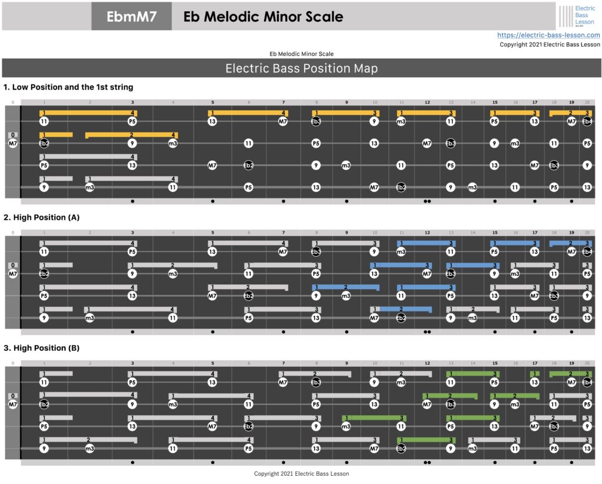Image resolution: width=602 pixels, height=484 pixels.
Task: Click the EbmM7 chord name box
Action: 132,16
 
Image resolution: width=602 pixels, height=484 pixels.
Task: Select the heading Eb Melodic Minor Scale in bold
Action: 263,16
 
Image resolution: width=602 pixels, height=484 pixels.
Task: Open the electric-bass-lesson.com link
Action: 549,35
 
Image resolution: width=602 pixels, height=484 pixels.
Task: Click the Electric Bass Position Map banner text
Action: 301,68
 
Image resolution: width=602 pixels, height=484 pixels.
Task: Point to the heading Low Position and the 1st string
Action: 68,87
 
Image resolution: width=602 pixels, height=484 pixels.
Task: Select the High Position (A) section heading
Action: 41,217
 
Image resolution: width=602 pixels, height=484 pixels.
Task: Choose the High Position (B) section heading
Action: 41,348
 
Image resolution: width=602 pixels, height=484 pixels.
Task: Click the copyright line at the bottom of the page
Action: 302,473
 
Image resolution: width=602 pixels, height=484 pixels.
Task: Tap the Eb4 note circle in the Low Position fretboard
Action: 587,121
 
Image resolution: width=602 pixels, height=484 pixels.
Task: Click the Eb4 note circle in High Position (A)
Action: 587,252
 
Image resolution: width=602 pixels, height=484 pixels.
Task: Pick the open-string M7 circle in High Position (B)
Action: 13,405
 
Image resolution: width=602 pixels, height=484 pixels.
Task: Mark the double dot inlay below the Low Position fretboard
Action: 427,201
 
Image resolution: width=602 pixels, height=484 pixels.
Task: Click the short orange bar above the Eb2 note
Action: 56,135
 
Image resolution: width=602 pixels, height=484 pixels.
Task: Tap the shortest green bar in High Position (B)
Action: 534,373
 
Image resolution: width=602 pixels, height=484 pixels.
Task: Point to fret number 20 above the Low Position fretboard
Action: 587,102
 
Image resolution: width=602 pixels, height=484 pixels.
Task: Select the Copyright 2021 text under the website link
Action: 550,44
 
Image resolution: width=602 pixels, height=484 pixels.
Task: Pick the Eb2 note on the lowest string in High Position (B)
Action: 401,449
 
